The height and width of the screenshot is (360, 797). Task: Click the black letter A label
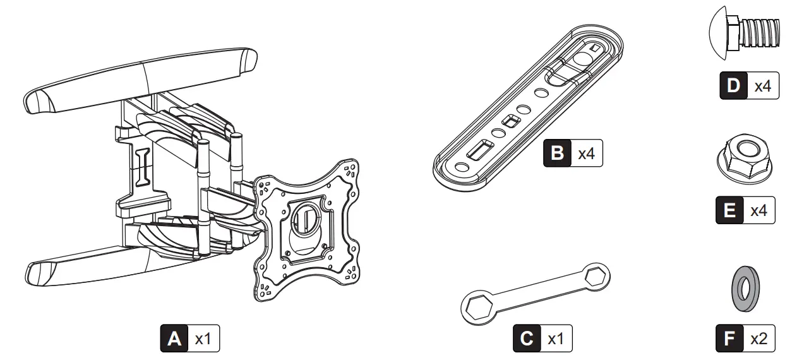click(x=174, y=339)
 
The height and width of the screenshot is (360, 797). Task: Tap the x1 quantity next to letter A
click(x=203, y=339)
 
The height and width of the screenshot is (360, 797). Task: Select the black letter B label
click(x=557, y=153)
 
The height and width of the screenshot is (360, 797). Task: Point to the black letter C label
click(x=526, y=339)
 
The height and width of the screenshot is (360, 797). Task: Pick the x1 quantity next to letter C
click(x=555, y=339)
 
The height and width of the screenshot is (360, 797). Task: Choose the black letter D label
click(x=733, y=86)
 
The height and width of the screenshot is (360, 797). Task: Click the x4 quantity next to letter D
click(x=763, y=86)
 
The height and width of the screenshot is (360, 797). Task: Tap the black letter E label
click(x=729, y=210)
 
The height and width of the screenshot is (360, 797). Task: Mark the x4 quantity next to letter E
click(x=758, y=210)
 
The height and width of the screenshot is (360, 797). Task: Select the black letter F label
click(x=729, y=339)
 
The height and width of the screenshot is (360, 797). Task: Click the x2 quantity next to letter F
click(x=758, y=339)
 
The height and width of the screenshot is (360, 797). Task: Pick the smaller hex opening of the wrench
click(x=596, y=275)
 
